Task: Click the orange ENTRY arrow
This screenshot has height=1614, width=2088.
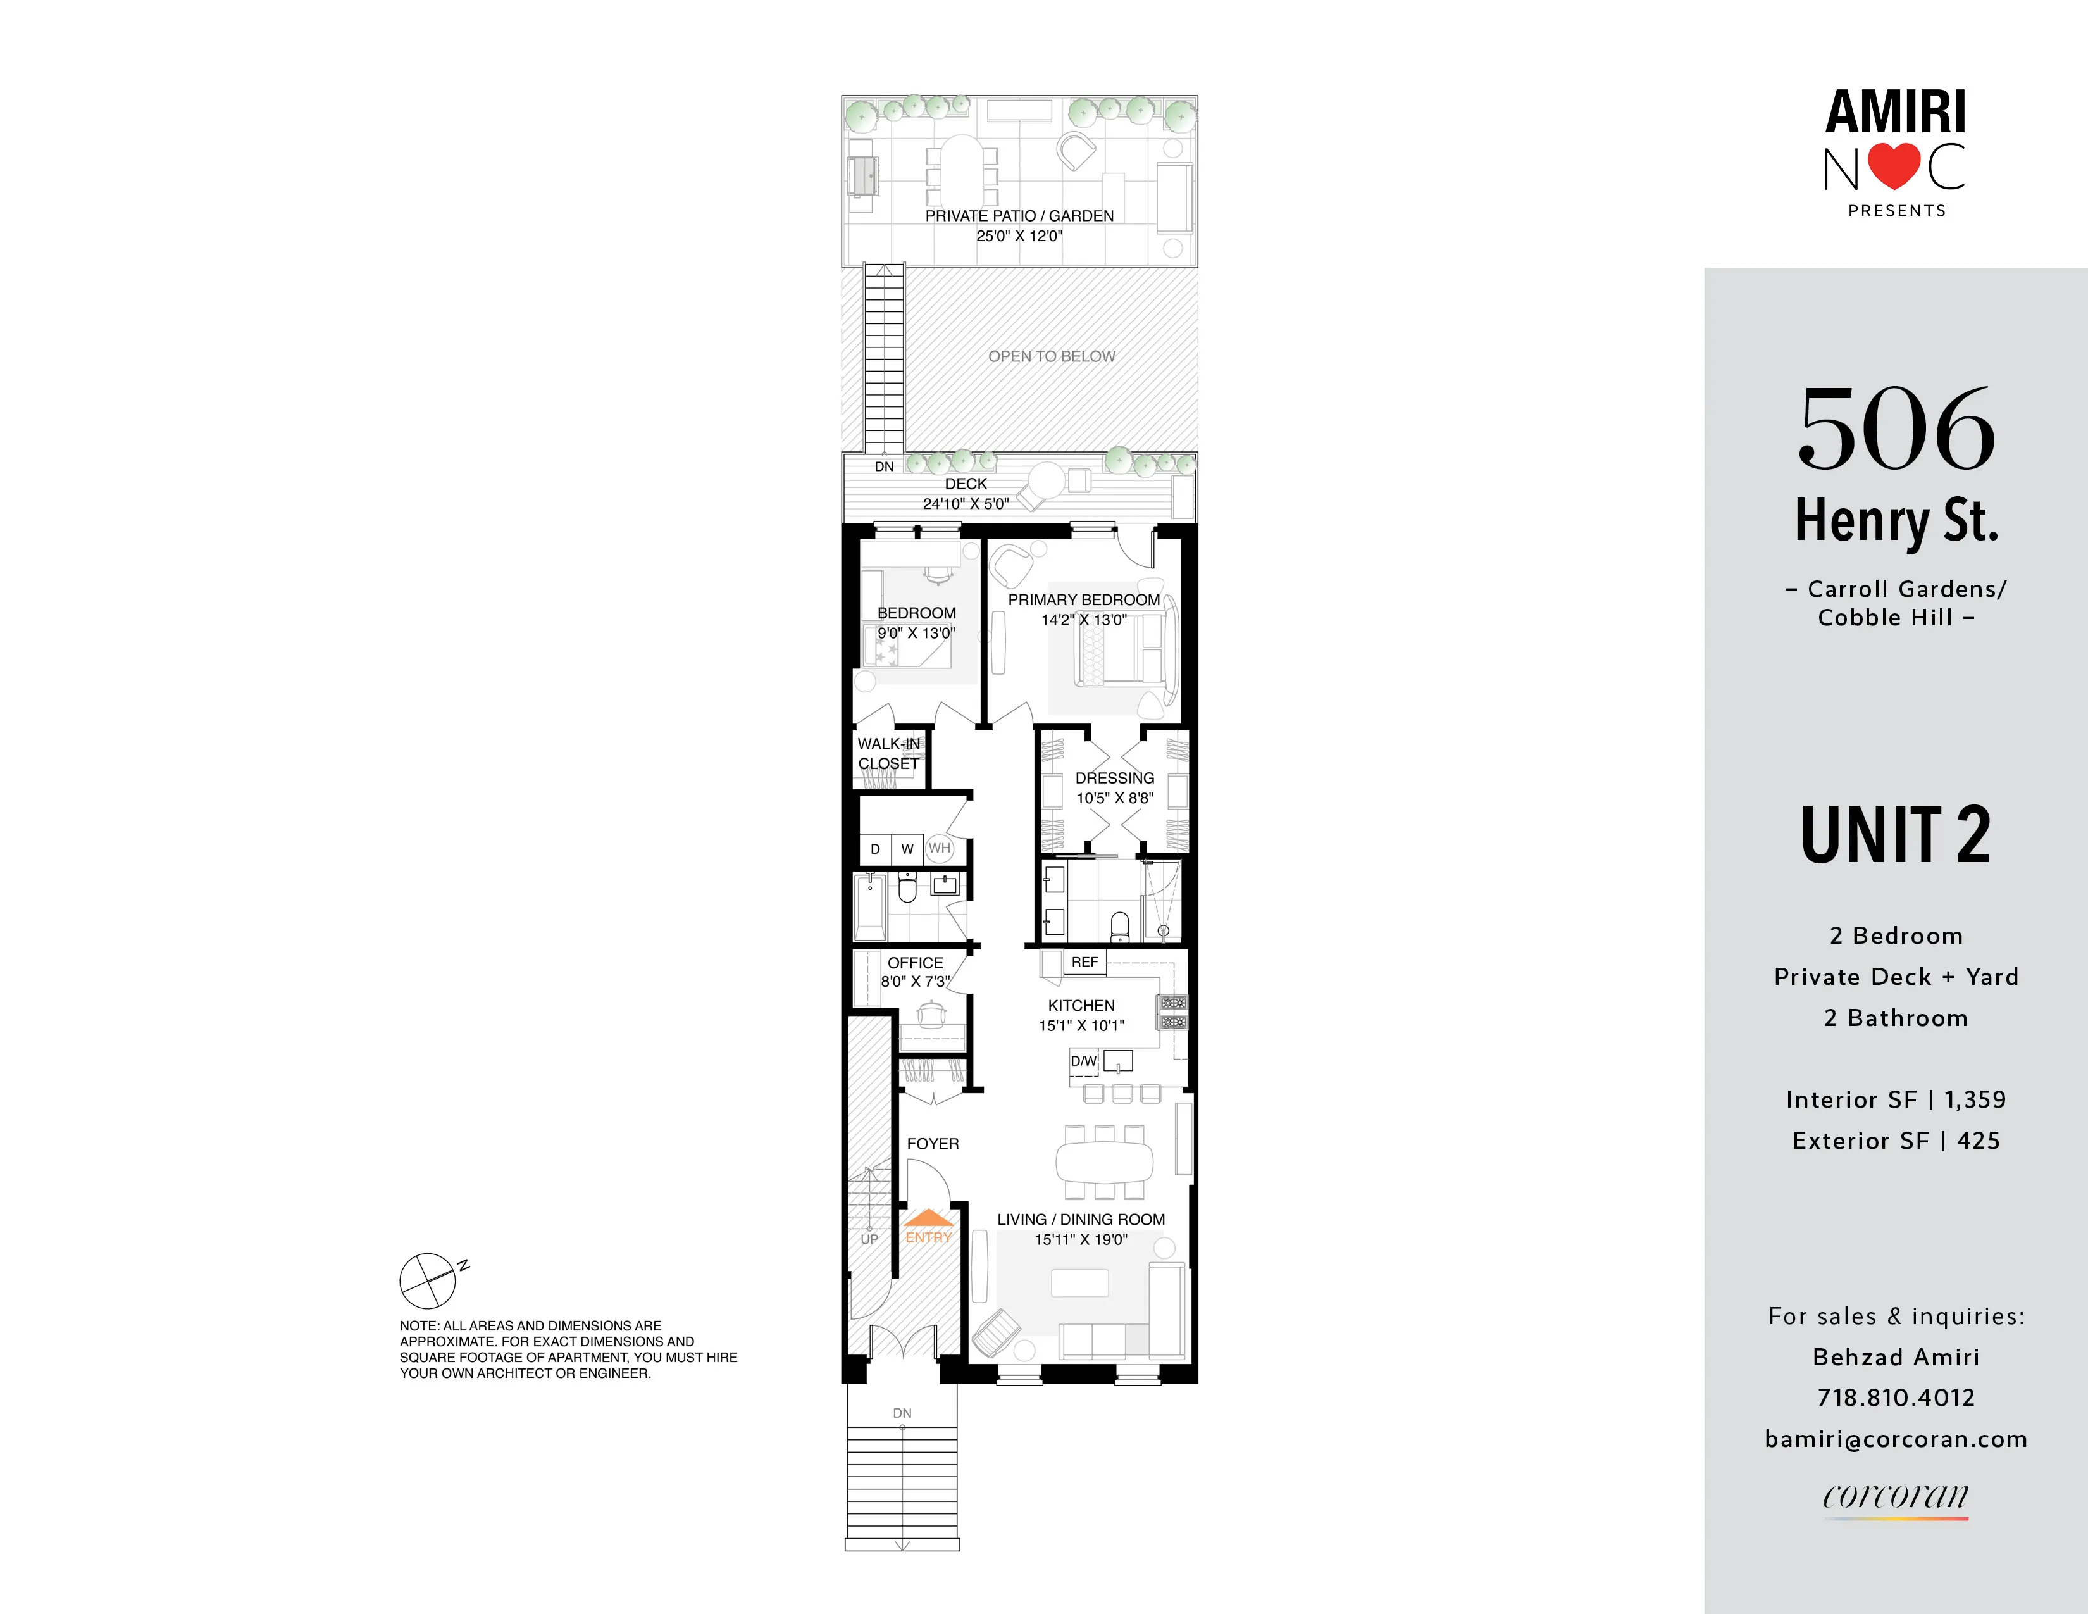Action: point(928,1218)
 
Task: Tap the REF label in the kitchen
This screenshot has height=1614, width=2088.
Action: point(1084,962)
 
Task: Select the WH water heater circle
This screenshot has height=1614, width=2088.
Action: point(940,848)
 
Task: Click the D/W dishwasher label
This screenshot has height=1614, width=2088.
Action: point(1083,1060)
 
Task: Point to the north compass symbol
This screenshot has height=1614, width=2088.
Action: point(427,1280)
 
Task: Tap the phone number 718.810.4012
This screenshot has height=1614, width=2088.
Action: point(1896,1398)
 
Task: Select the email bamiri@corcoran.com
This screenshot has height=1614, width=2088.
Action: point(1896,1439)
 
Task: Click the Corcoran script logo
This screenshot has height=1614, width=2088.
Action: point(1896,1496)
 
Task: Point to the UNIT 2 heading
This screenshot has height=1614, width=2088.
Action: point(1895,835)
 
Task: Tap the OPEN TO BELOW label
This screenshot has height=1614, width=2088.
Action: point(1052,356)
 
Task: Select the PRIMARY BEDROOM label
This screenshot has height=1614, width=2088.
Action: point(1083,599)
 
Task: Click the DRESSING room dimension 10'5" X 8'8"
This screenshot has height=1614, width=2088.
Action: point(1115,798)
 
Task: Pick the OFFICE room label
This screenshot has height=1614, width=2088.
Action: point(915,963)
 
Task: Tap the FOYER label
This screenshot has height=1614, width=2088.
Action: point(932,1144)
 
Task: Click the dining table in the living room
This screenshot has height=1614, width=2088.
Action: point(1104,1161)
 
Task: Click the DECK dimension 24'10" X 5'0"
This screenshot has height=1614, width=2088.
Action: point(966,504)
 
